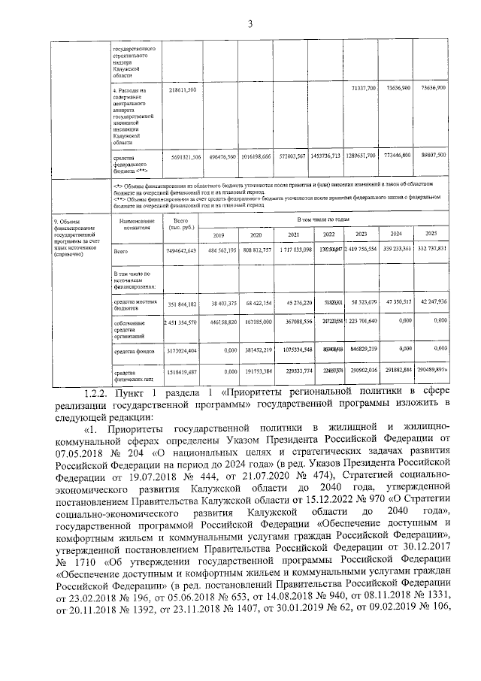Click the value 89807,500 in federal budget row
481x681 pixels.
click(x=433, y=156)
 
